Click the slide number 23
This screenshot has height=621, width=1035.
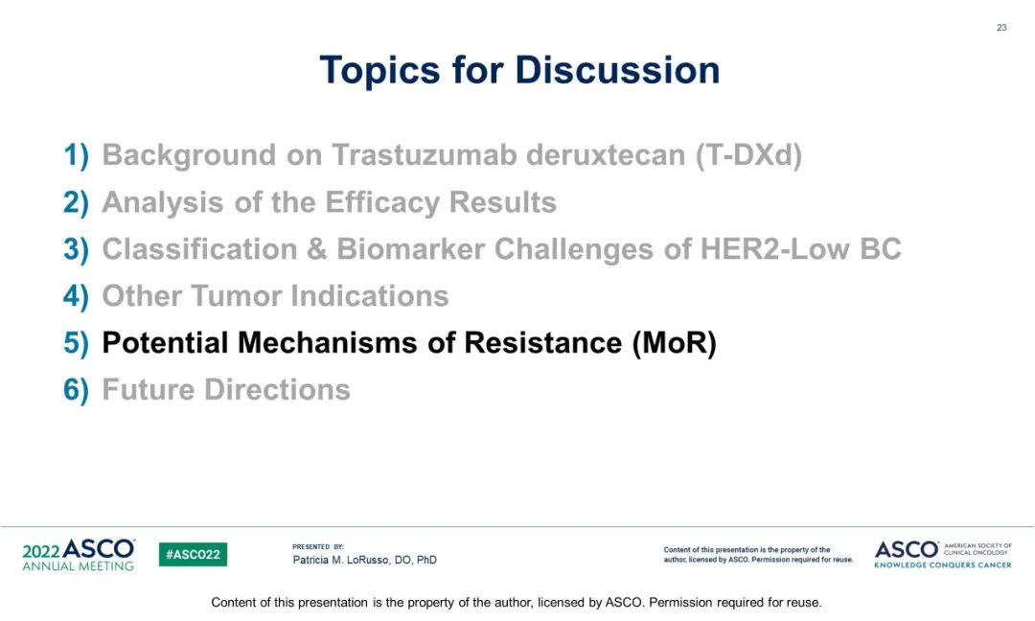(x=1001, y=28)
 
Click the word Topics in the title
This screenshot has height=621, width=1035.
(x=379, y=70)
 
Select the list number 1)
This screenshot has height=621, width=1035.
(x=76, y=156)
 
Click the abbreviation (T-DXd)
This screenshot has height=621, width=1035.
(x=747, y=156)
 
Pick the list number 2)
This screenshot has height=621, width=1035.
(x=76, y=202)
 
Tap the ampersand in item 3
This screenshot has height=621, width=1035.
(x=317, y=249)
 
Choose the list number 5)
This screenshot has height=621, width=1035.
(x=76, y=343)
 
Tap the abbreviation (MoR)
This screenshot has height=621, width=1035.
(x=674, y=343)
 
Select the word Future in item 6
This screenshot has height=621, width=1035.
(x=148, y=389)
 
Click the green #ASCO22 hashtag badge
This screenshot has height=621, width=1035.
(x=193, y=554)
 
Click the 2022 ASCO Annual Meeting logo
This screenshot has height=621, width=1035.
(x=78, y=554)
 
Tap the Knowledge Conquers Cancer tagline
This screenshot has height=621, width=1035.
(x=943, y=564)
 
